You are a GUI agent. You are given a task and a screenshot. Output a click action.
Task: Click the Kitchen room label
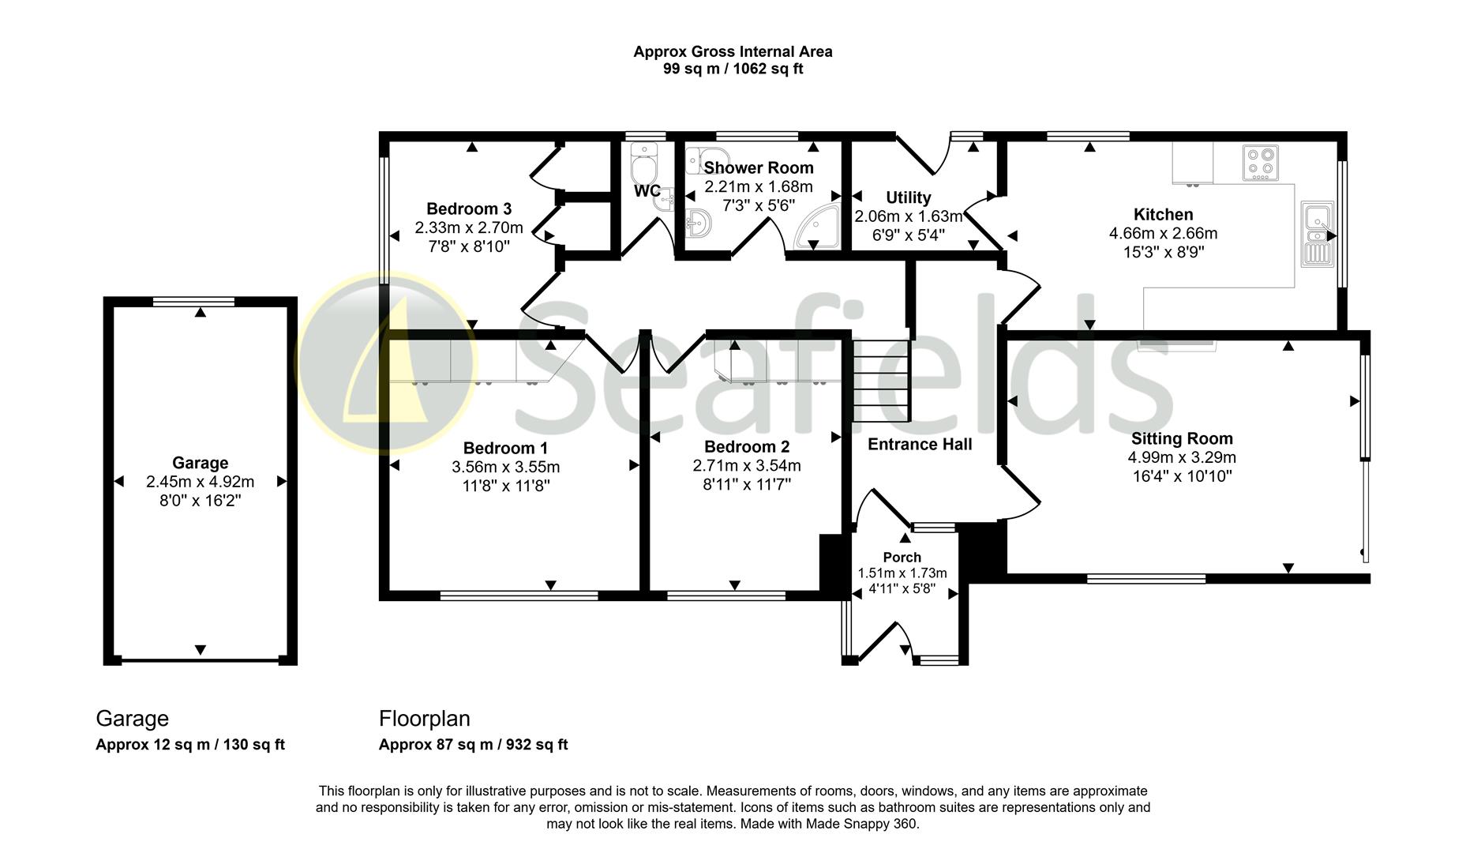(x=1163, y=215)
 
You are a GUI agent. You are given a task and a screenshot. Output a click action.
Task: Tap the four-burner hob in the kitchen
(x=1260, y=163)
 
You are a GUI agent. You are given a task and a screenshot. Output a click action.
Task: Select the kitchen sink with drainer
(x=1317, y=235)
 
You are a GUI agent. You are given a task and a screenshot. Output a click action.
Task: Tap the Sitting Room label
(x=1181, y=439)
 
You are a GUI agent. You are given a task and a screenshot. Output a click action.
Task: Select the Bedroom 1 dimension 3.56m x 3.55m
(x=505, y=467)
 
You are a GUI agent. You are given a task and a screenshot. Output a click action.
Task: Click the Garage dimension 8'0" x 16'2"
(x=200, y=501)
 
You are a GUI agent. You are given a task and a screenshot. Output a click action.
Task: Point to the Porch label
(x=902, y=558)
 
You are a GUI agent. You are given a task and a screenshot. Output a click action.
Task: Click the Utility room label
(x=908, y=197)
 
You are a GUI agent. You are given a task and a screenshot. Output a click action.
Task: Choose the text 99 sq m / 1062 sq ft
(x=733, y=70)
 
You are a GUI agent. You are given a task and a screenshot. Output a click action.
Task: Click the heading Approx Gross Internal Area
(x=733, y=52)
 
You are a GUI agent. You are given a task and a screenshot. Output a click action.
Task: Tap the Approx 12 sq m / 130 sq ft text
(x=189, y=745)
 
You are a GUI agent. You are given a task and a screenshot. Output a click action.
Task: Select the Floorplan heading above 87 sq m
(x=424, y=719)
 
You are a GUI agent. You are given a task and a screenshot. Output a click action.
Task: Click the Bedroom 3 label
(x=468, y=209)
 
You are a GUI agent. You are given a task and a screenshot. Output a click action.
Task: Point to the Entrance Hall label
(x=920, y=445)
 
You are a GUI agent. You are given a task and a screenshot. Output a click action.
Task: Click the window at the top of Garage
(x=193, y=301)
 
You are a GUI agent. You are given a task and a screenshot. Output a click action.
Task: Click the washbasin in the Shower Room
(x=698, y=224)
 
